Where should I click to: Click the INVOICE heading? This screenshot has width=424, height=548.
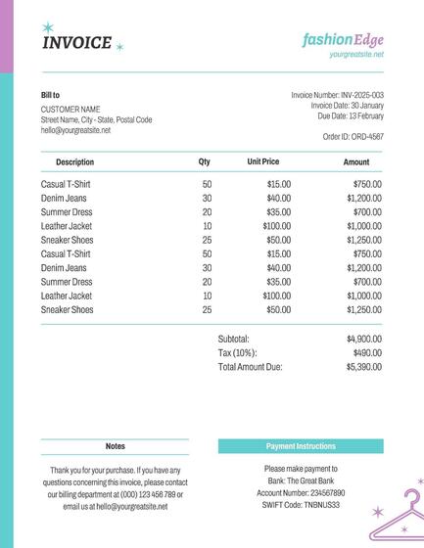tap(77, 42)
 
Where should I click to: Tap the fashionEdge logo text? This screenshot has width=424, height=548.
tap(343, 39)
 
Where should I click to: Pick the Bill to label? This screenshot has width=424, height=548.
tap(50, 95)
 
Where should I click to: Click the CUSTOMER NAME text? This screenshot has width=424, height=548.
tap(71, 109)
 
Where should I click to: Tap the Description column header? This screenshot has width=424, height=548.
tap(75, 161)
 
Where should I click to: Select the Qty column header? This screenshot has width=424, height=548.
tap(205, 161)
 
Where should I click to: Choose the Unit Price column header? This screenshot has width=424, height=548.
tap(263, 161)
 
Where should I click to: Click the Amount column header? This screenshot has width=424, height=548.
tap(356, 161)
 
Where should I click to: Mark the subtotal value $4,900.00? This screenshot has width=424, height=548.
tap(364, 339)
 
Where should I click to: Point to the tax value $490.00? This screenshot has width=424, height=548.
tap(367, 352)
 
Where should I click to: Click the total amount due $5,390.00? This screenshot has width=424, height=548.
tap(364, 367)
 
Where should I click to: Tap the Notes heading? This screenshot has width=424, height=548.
tap(116, 446)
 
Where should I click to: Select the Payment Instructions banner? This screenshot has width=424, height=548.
tap(301, 446)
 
